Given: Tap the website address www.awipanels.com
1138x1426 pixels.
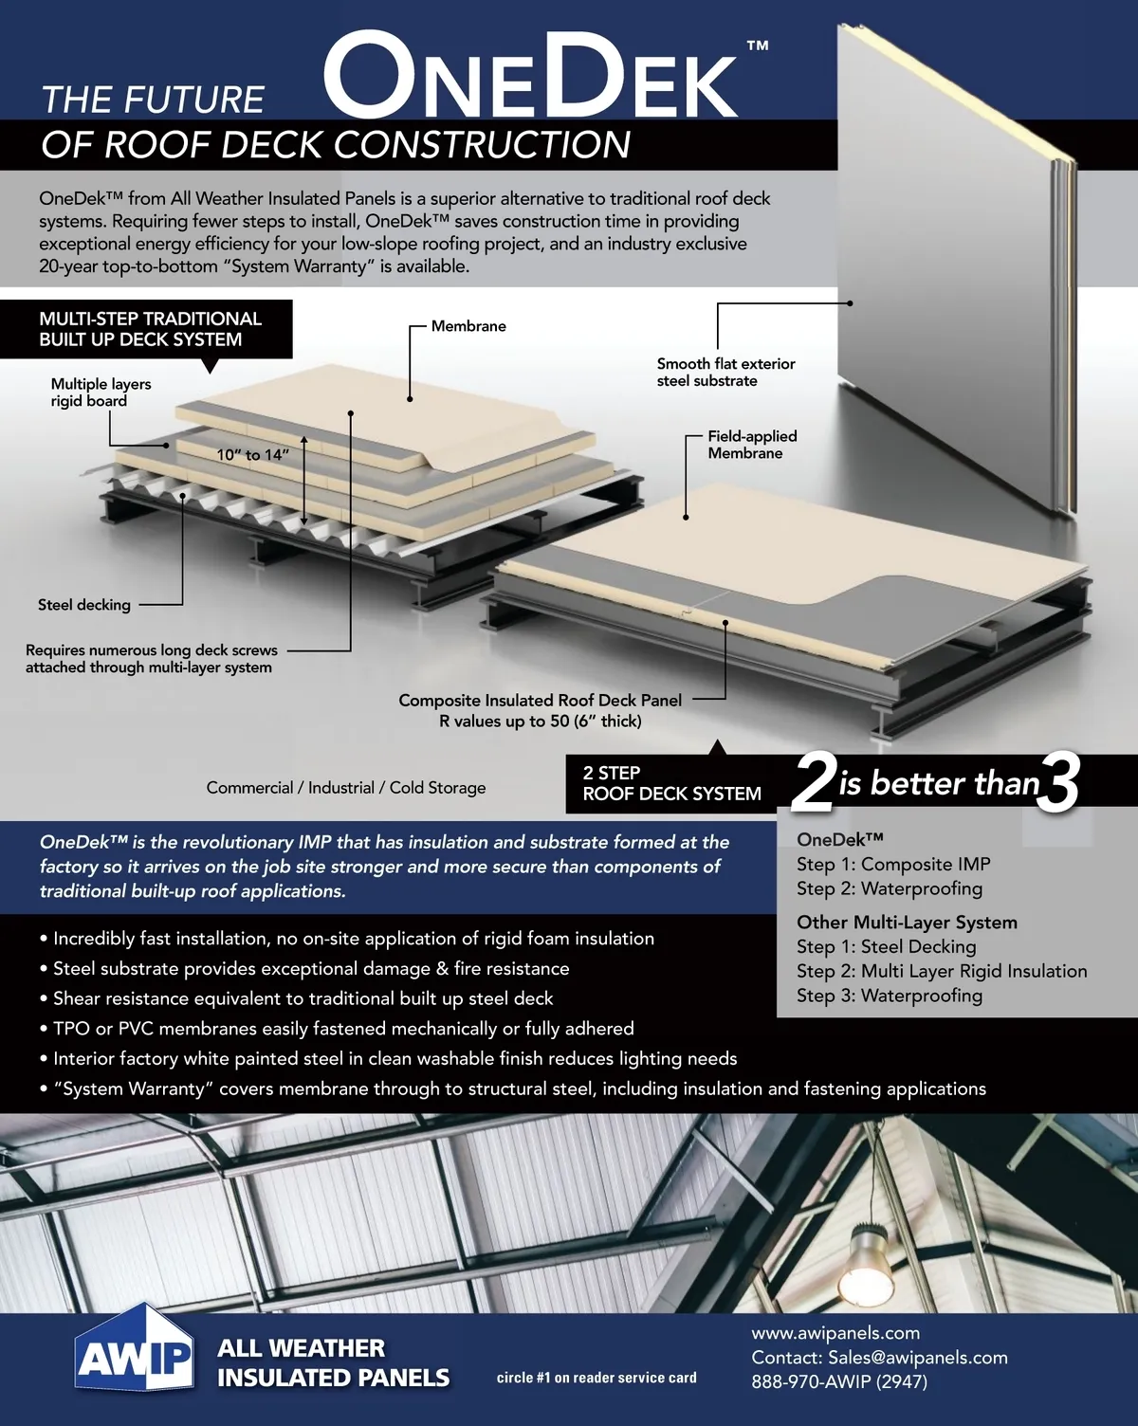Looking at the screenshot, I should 835,1333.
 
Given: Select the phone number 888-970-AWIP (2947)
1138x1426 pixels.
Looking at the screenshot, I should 839,1381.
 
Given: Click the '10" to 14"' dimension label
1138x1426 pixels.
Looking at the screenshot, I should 252,455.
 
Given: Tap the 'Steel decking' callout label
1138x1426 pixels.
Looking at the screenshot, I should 84,605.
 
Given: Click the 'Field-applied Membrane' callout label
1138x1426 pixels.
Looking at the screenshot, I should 752,445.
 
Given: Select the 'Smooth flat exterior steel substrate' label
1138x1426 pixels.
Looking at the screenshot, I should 725,372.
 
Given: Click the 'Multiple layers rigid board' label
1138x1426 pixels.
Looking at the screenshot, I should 101,393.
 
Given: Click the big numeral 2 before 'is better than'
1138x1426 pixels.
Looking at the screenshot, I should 813,783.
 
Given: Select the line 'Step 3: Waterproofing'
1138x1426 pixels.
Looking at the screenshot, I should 889,996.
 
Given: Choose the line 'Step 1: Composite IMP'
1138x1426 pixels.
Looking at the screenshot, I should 893,864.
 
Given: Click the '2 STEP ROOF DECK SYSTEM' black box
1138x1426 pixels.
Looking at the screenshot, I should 671,783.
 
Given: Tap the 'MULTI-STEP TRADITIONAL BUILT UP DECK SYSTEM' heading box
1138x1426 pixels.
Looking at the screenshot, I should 150,329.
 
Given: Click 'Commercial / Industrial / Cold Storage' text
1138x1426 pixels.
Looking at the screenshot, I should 346,788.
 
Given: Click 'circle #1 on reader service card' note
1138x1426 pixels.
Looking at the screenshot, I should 597,1378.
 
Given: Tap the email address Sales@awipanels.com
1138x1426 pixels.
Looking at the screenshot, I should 917,1358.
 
